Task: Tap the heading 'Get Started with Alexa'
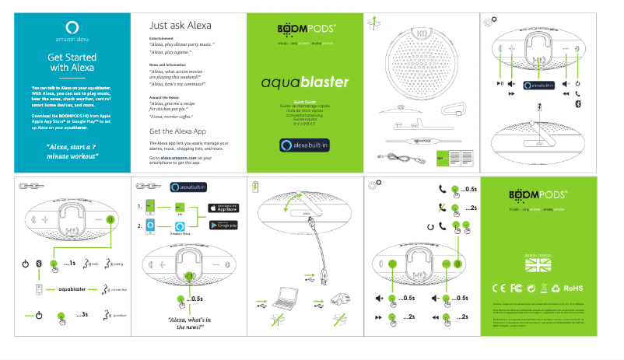[x=72, y=62]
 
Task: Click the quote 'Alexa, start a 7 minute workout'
[x=72, y=151]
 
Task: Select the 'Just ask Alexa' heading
[x=180, y=25]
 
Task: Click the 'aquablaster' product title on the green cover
[x=305, y=82]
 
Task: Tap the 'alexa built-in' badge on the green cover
[x=305, y=145]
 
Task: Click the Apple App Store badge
[x=223, y=208]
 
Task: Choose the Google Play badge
[x=223, y=225]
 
